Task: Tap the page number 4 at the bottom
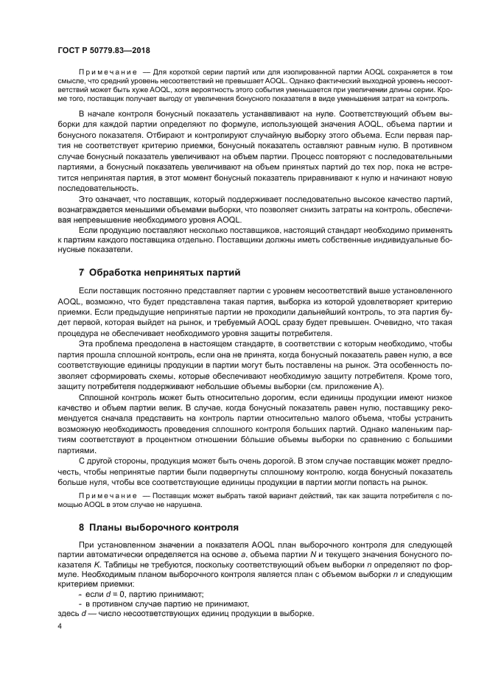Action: point(60,626)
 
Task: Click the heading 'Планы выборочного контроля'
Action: point(163,528)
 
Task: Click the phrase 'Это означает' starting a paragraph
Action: point(104,200)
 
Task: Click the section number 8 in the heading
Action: point(82,528)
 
